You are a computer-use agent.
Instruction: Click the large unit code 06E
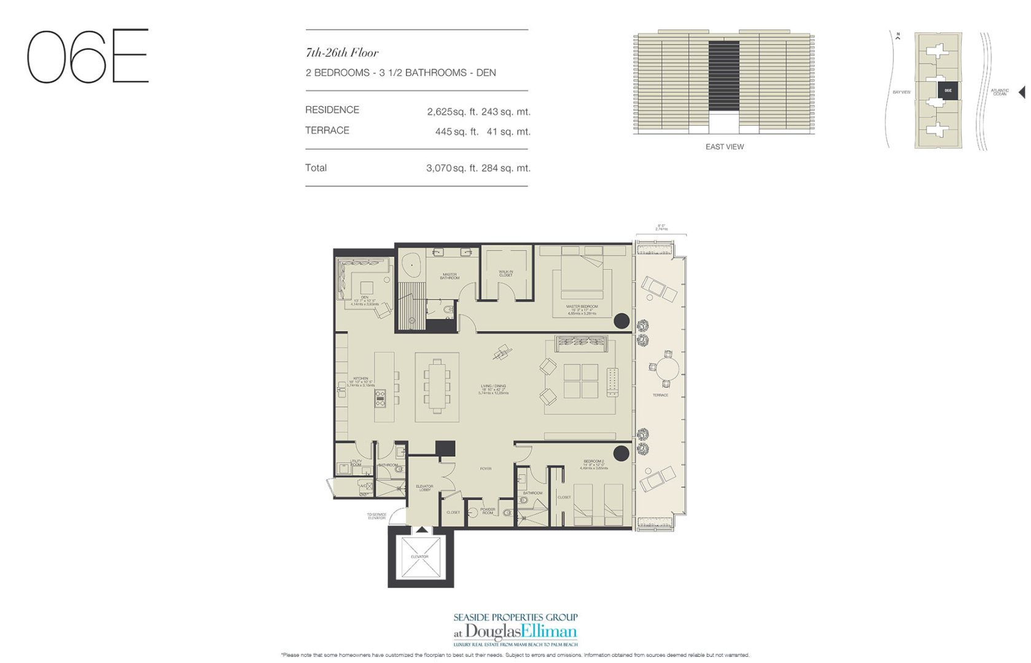tap(87, 56)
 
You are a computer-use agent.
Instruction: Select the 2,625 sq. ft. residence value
tap(453, 112)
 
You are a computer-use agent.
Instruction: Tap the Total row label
tap(316, 168)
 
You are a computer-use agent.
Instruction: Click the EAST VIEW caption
tap(725, 147)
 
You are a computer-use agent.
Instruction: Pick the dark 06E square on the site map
tap(947, 91)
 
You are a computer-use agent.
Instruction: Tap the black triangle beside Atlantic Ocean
tap(1022, 92)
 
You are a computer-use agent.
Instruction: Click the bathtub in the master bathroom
tap(411, 265)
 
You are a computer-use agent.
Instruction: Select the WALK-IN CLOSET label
tap(505, 273)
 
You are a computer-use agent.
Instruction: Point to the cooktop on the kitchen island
tap(380, 400)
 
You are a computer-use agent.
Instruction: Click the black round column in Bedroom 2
tap(621, 454)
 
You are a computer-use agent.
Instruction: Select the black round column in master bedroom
tap(622, 320)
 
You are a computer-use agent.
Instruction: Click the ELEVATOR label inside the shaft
tap(419, 557)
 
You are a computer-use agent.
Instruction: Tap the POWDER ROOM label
tap(488, 511)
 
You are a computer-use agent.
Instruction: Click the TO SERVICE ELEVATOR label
tap(376, 516)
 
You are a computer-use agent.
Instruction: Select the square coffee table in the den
tap(367, 287)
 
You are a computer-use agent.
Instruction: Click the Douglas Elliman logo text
tap(521, 632)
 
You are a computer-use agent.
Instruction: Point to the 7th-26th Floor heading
tap(342, 53)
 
